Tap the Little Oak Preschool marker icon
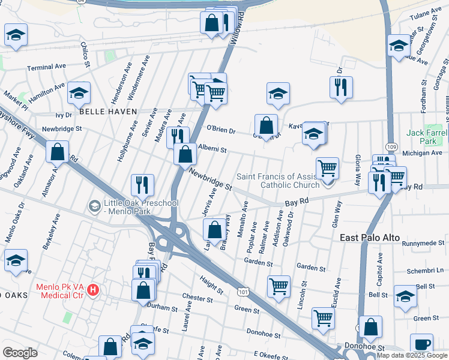pos(94,206)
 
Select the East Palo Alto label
pos(370,238)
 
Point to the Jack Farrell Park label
pos(427,136)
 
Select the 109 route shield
pos(391,146)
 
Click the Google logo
pos(19,353)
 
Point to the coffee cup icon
pos(421,345)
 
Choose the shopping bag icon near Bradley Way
pos(214,229)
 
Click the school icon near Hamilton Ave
pos(79,92)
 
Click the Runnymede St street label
pos(424,244)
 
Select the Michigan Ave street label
pos(423,154)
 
